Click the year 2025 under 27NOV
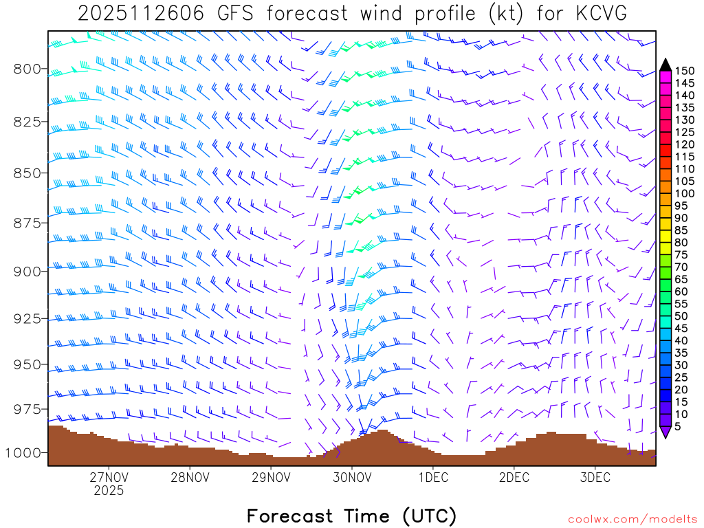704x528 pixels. pyautogui.click(x=109, y=491)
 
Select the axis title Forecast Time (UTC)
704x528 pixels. pyautogui.click(x=351, y=516)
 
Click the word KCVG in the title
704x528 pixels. pyautogui.click(x=594, y=14)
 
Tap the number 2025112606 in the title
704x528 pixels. pyautogui.click(x=140, y=14)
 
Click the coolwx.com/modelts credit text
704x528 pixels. pyautogui.click(x=632, y=519)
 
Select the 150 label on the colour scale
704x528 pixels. pyautogui.click(x=685, y=71)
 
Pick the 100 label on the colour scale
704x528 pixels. pyautogui.click(x=685, y=194)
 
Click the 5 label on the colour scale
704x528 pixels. pyautogui.click(x=679, y=427)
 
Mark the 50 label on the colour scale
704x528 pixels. pyautogui.click(x=682, y=316)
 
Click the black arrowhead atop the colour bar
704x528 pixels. pyautogui.click(x=665, y=65)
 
